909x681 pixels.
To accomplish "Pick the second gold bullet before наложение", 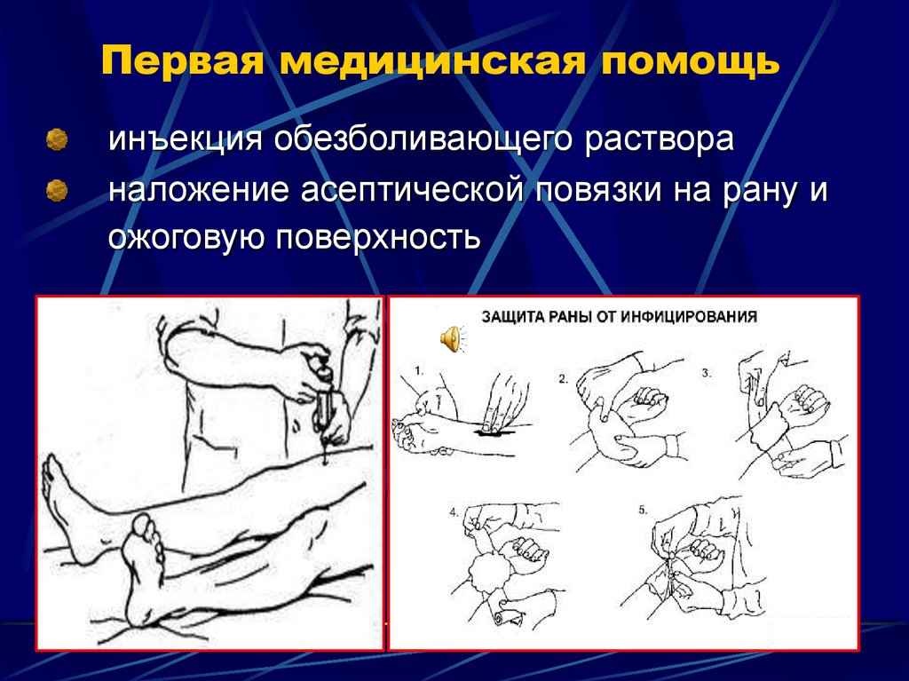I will pos(58,188).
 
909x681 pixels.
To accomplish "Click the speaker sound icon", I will pos(450,339).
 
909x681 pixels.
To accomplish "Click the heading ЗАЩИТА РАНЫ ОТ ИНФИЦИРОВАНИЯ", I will pos(619,316).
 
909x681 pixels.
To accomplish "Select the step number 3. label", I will pos(707,373).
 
